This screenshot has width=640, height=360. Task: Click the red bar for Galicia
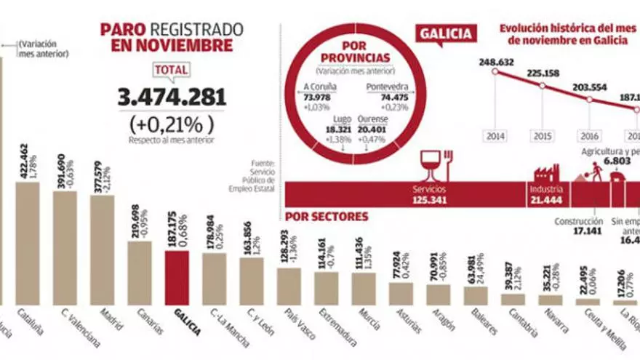pyautogui.click(x=177, y=278)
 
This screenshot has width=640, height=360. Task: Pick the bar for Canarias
pyautogui.click(x=140, y=272)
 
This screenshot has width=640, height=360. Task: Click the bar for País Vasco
pyautogui.click(x=289, y=286)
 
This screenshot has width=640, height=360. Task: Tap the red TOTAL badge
pyautogui.click(x=171, y=70)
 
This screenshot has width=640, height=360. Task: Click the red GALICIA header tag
pyautogui.click(x=445, y=33)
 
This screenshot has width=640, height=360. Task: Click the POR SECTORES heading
pyautogui.click(x=327, y=216)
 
